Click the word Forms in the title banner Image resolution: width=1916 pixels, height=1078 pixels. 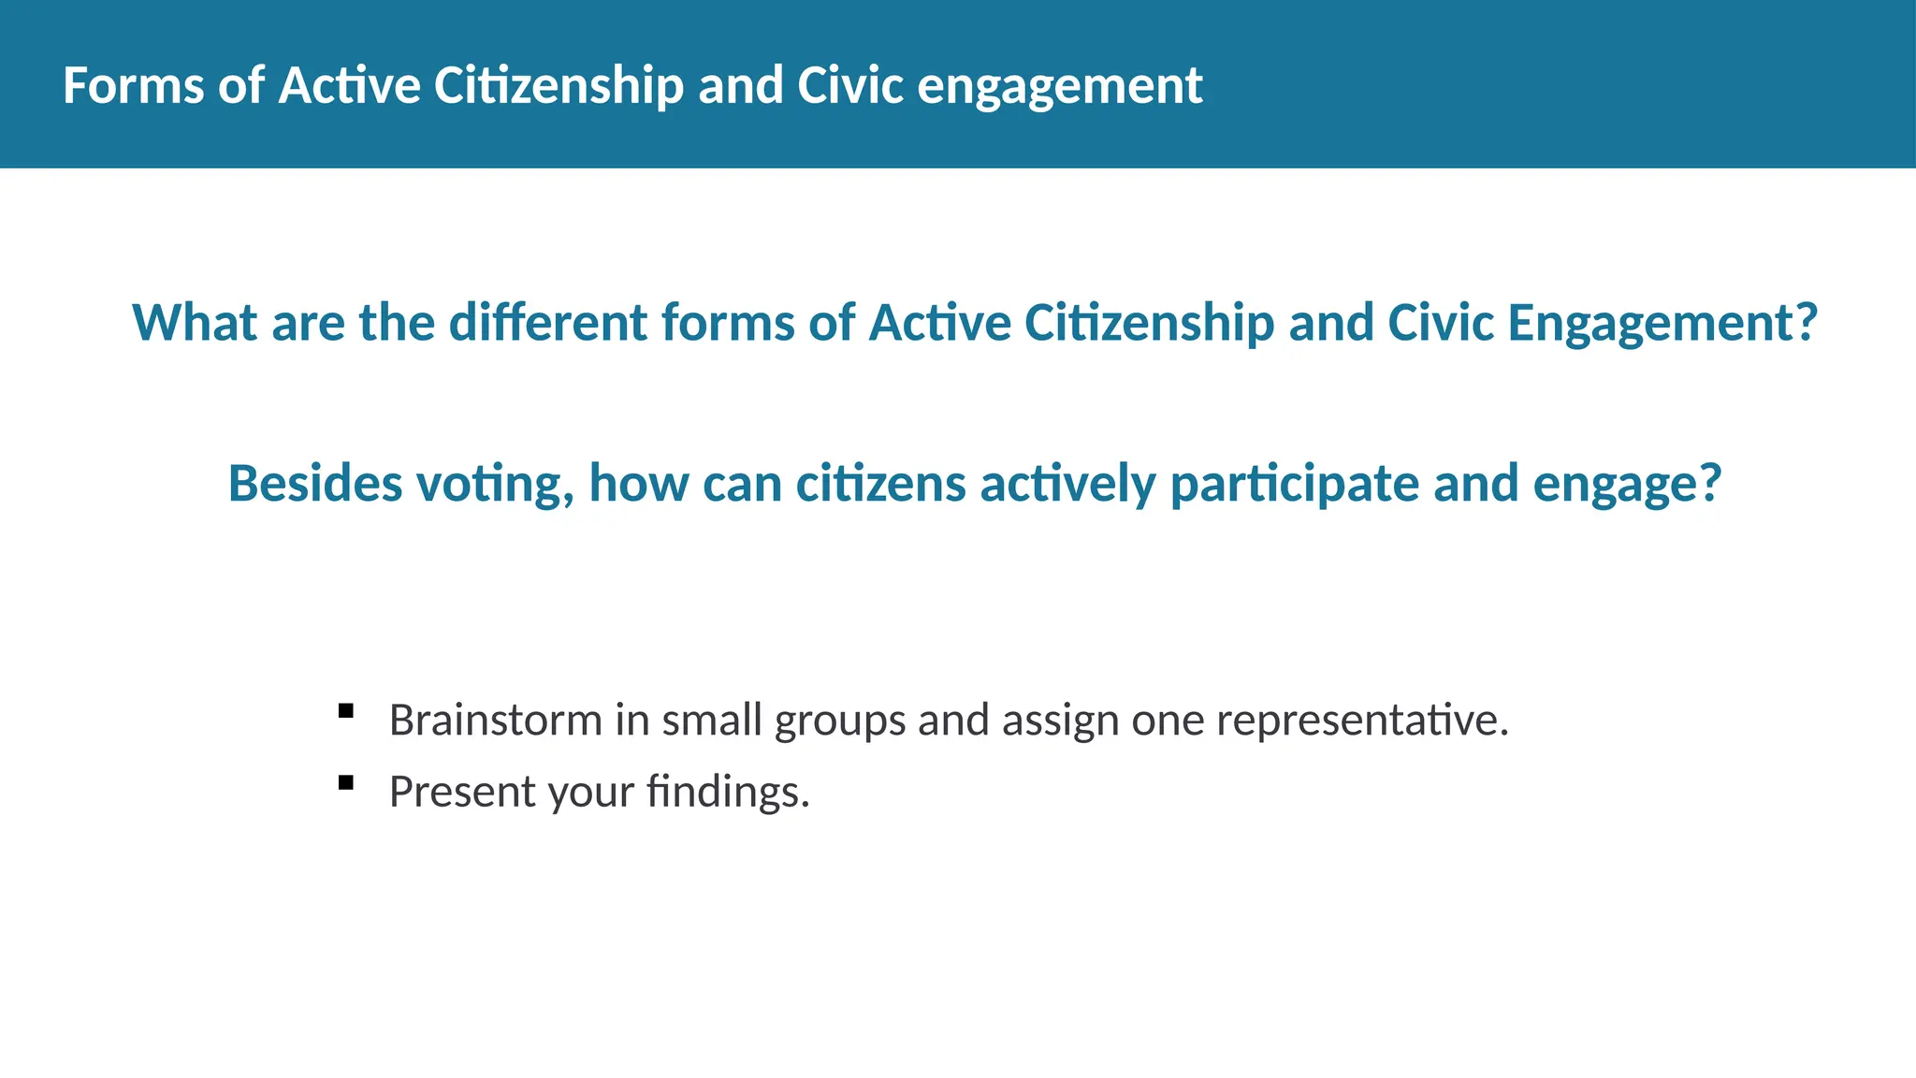coord(133,86)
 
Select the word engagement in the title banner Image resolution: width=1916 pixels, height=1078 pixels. coord(1059,86)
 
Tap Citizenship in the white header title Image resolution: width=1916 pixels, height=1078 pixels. coord(559,86)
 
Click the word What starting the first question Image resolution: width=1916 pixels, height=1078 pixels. coord(195,323)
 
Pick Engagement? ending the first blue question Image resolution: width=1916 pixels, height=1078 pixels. coord(1662,323)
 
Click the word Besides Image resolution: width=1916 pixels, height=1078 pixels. coord(315,484)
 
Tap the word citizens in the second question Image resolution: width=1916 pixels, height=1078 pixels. coord(880,484)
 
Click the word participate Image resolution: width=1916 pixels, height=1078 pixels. coord(1295,484)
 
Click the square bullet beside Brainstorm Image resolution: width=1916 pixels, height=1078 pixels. coord(346,711)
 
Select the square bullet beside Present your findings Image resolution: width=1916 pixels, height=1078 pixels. coord(346,782)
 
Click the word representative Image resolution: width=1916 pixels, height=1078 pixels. coord(1362,721)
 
